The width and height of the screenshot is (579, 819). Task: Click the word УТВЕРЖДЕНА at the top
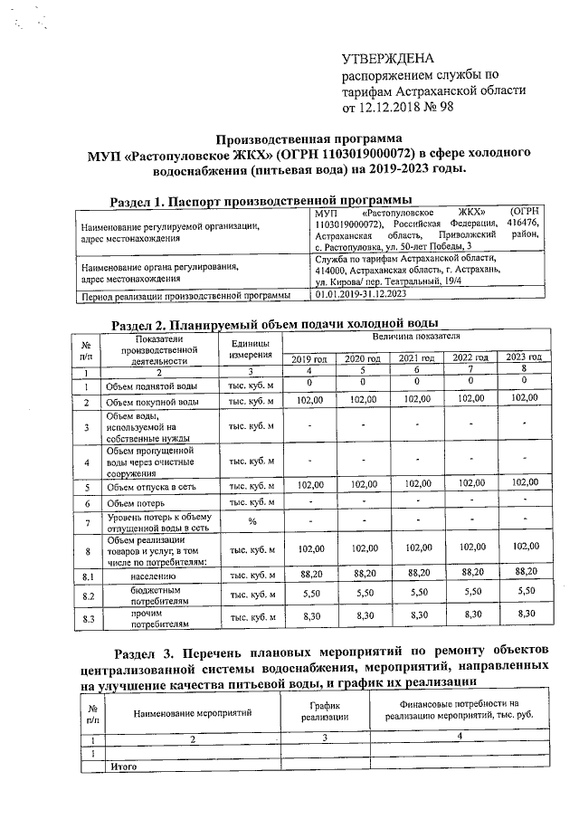click(387, 57)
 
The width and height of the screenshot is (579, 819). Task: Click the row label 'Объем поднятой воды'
click(150, 386)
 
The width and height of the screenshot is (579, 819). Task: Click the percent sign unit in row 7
click(251, 522)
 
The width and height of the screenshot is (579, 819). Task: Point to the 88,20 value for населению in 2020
click(364, 575)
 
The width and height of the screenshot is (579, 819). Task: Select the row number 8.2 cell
click(88, 595)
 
